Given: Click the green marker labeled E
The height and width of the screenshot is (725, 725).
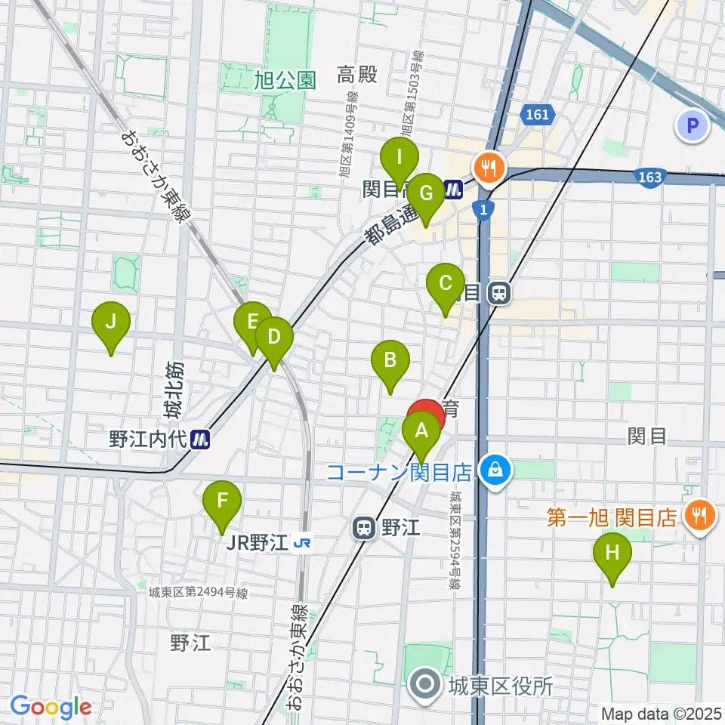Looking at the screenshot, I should (252, 322).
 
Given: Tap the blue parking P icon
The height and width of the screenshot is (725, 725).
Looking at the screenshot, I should (693, 125).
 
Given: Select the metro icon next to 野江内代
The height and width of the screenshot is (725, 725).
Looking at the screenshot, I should (200, 440).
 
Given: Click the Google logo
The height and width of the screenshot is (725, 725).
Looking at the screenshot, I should (51, 708).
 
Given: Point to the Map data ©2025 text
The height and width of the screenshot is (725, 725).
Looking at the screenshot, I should (661, 713).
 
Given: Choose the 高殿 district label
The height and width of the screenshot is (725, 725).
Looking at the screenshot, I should (356, 75).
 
